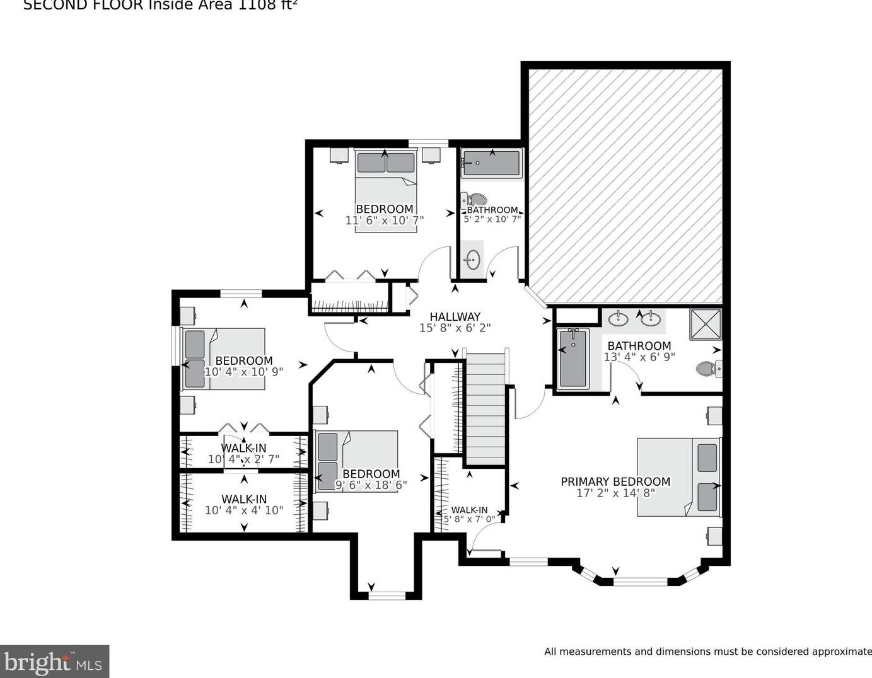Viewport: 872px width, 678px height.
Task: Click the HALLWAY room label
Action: tap(455, 317)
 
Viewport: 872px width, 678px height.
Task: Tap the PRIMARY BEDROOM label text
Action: tap(615, 481)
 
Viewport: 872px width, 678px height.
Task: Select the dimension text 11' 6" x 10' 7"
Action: tap(384, 221)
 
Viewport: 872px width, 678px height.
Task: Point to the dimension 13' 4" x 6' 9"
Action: tap(639, 357)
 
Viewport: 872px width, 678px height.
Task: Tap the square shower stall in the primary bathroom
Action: tap(705, 324)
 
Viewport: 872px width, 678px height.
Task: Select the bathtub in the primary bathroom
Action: tap(573, 357)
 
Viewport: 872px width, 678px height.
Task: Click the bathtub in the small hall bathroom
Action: tap(491, 163)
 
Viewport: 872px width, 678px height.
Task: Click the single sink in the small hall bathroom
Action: tap(472, 259)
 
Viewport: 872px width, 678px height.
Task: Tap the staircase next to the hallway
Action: tap(485, 410)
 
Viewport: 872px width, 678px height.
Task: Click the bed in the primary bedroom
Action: tap(678, 477)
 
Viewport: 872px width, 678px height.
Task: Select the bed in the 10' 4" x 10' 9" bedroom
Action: tap(223, 358)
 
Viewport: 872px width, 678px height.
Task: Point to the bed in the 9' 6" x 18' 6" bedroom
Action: tap(357, 461)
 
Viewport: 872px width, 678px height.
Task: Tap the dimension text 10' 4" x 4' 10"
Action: tap(244, 510)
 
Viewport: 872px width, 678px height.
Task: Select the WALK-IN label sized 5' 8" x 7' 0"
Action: tap(469, 510)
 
